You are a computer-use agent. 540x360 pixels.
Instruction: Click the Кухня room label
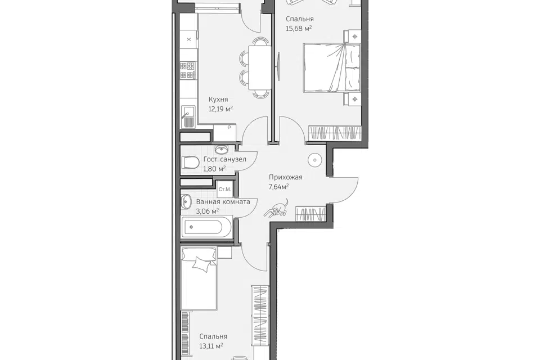click(x=218, y=100)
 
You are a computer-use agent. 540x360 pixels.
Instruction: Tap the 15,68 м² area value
click(x=299, y=29)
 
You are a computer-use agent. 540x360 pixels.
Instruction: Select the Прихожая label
click(x=286, y=177)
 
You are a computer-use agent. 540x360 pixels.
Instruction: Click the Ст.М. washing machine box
click(x=225, y=189)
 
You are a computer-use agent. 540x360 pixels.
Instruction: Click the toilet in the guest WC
click(x=190, y=163)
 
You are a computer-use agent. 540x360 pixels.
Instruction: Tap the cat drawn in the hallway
click(x=277, y=209)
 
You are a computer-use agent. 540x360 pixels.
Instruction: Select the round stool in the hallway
click(x=315, y=160)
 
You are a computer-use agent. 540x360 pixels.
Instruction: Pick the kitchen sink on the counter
click(x=188, y=115)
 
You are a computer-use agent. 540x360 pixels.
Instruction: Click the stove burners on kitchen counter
click(x=188, y=71)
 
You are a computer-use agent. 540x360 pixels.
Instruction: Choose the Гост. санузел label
click(x=225, y=159)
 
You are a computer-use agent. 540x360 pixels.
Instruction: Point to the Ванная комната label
click(x=223, y=202)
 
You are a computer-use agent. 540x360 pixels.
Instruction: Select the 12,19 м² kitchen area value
click(x=220, y=109)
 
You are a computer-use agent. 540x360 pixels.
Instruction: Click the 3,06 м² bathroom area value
click(x=208, y=211)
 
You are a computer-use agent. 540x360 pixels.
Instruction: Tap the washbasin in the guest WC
click(x=221, y=149)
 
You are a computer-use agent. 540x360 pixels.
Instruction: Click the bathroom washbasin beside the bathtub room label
click(x=186, y=201)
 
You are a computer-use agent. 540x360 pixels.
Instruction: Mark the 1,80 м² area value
click(x=214, y=169)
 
